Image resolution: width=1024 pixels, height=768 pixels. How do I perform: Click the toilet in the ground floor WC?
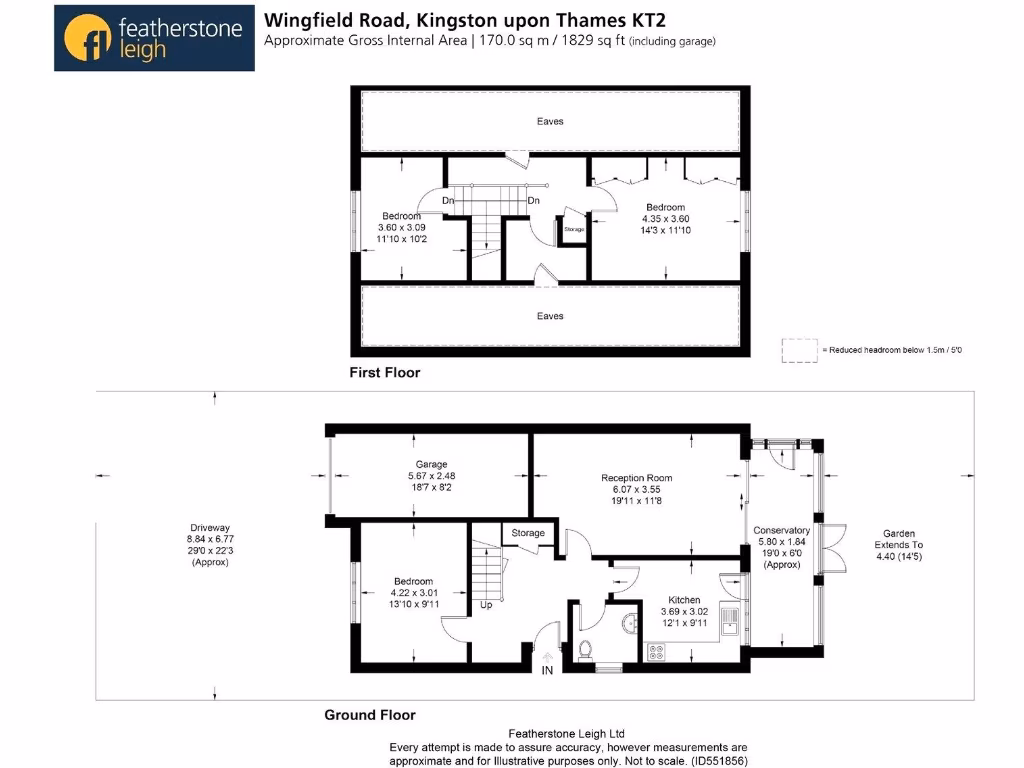[x=585, y=650]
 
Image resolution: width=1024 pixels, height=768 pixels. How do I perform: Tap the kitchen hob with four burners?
[x=658, y=651]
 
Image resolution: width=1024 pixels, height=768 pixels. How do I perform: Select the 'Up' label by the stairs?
[x=487, y=605]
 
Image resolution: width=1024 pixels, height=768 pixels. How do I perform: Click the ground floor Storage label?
[x=528, y=533]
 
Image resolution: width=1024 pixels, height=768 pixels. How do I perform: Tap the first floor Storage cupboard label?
[x=573, y=229]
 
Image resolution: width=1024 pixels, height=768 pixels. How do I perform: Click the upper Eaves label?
[x=550, y=121]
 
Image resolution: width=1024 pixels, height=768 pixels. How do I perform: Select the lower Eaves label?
[x=550, y=316]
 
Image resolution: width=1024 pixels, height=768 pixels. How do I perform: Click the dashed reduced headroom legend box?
[x=798, y=350]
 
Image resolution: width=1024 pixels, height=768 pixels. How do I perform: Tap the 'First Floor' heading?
[x=384, y=372]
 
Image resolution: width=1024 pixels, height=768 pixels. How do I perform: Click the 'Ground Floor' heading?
[x=369, y=715]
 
